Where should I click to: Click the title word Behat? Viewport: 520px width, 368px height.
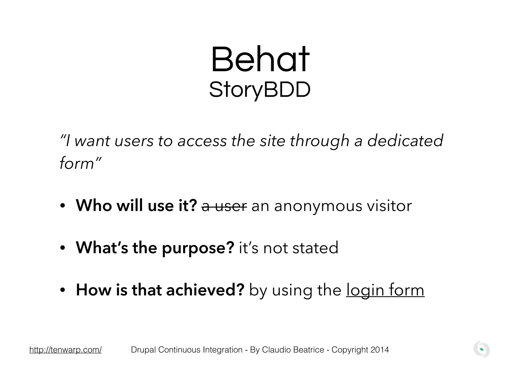[260, 60]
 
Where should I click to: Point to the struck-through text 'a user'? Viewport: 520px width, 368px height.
[224, 206]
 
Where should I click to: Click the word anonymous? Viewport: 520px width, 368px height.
[318, 206]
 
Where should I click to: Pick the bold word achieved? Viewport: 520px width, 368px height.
[205, 290]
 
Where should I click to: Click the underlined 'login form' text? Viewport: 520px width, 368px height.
[385, 290]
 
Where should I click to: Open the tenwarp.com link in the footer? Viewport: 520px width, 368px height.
[66, 350]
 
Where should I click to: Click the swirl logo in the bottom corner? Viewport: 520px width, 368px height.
[481, 350]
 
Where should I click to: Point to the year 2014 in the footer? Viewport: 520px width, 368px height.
[380, 350]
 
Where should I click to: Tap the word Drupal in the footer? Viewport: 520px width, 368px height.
[144, 350]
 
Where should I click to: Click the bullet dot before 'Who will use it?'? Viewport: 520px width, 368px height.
[63, 206]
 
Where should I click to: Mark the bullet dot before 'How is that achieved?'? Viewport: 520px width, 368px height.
[63, 290]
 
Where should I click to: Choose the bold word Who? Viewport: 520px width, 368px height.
[94, 206]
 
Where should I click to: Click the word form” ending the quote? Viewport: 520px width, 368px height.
[80, 163]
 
